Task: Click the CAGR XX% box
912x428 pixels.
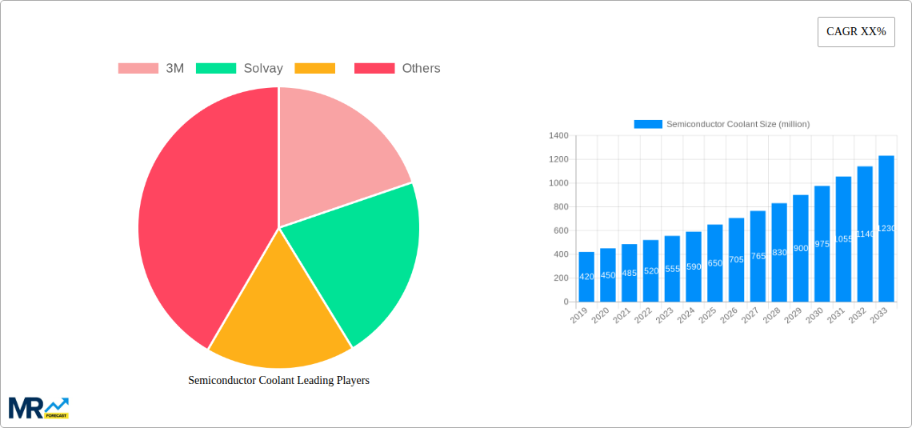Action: [856, 32]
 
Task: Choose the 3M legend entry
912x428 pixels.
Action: [151, 69]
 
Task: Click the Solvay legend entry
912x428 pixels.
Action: [239, 69]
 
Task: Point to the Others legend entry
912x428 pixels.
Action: [398, 69]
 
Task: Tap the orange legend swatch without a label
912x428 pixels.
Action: [314, 69]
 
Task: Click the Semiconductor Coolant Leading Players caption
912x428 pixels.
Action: [278, 381]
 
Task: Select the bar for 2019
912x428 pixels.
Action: [586, 277]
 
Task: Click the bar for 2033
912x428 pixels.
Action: [886, 229]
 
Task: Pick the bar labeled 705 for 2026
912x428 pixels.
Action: [737, 260]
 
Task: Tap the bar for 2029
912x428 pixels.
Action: [801, 248]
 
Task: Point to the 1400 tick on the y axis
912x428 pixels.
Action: [558, 136]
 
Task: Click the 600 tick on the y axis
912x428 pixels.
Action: [560, 230]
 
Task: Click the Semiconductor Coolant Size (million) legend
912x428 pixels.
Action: [722, 124]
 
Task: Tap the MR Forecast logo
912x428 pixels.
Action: [38, 407]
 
